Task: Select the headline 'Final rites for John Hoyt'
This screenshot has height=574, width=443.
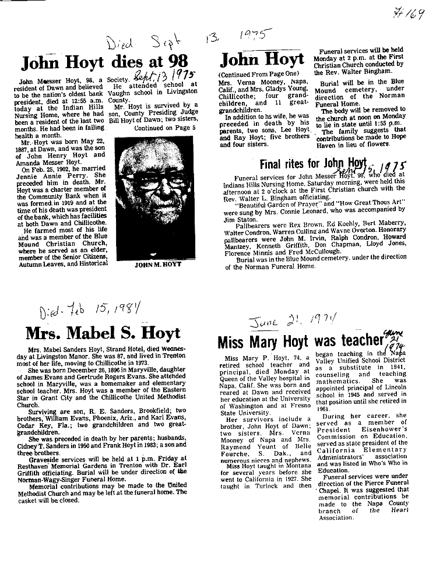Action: [313, 163]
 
